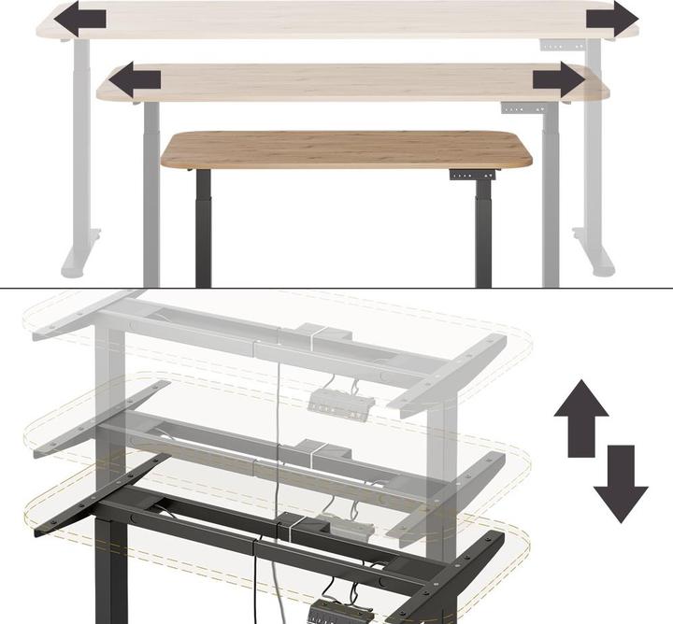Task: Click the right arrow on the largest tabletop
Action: click(612, 18)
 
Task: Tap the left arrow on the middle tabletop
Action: click(134, 79)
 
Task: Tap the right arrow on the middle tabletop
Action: click(559, 79)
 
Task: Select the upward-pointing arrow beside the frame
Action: click(581, 417)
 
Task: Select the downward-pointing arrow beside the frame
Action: click(620, 484)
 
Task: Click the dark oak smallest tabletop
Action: click(346, 149)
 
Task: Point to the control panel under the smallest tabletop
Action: click(463, 174)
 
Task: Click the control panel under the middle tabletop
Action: click(515, 108)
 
